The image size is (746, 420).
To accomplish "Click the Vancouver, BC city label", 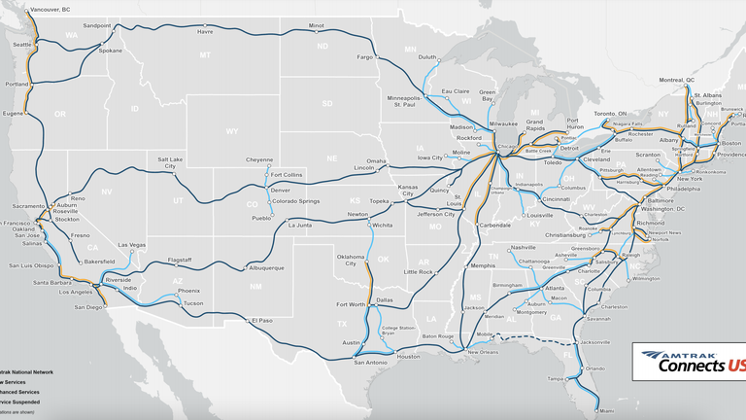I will (x=51, y=9).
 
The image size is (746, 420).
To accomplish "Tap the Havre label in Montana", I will (x=205, y=31).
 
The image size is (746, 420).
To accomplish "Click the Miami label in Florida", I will (x=607, y=410).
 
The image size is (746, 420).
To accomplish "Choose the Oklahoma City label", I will (x=351, y=261).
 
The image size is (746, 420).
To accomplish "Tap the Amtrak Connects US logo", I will (x=689, y=362).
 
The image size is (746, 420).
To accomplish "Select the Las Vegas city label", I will (x=131, y=244).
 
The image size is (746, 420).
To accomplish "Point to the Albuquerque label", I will (x=266, y=267).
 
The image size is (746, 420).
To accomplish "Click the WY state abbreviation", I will (x=231, y=131).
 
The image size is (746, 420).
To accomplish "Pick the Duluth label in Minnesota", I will (x=427, y=57).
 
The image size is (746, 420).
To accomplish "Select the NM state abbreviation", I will (x=255, y=287).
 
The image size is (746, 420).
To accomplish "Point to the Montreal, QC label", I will (x=677, y=80).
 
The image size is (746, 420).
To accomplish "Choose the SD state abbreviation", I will (x=327, y=103).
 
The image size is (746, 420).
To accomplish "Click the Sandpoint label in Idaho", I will (x=97, y=25).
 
